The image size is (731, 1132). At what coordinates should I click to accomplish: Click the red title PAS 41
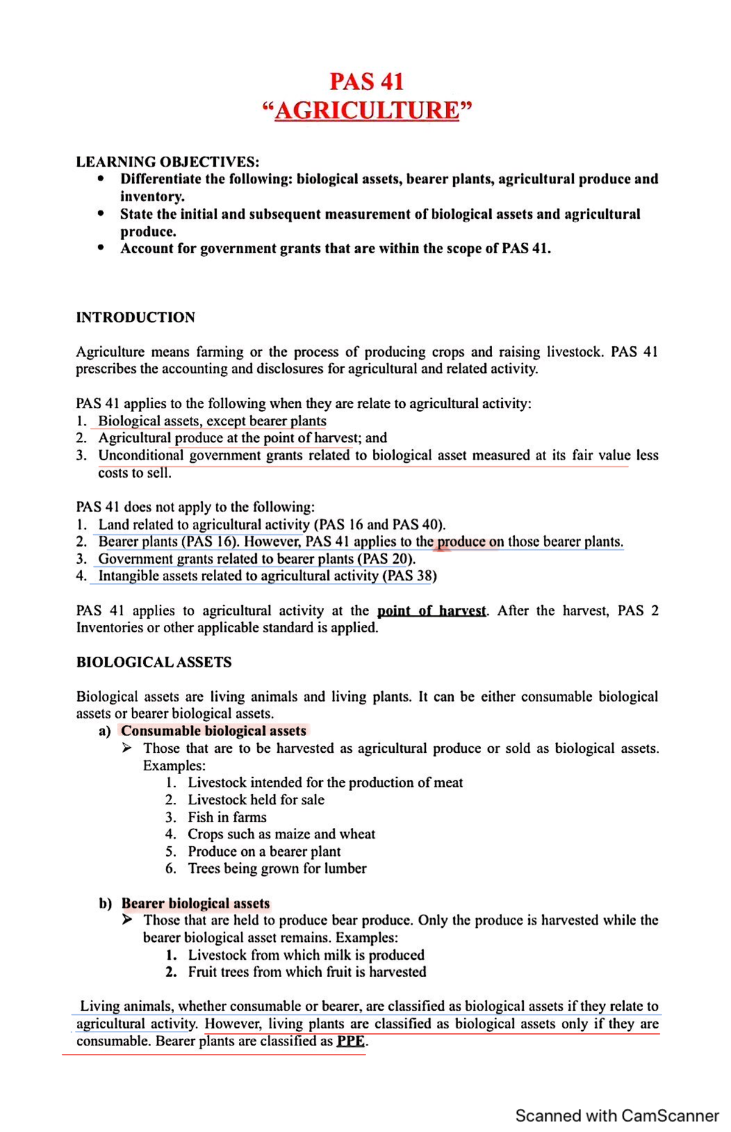coord(366,81)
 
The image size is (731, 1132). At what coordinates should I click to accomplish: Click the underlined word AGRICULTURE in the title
coord(366,111)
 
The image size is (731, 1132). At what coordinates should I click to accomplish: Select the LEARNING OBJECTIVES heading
coord(168,162)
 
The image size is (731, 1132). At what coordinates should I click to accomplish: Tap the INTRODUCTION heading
coord(135,317)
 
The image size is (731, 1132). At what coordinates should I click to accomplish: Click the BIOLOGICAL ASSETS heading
coord(154,662)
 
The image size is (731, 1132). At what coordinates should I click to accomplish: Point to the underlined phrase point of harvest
coord(431,611)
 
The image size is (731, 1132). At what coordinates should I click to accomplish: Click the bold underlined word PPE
coord(351,1041)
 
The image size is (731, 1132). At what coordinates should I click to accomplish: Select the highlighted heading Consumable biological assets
coord(213,730)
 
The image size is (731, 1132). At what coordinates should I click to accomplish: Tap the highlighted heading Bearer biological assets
coord(196,903)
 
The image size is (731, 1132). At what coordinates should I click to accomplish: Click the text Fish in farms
coord(227,817)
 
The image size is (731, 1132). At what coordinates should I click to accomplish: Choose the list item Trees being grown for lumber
coord(277,868)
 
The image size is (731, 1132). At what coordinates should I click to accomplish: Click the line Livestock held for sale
coord(256,799)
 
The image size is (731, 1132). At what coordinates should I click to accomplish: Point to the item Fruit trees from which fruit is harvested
coord(306,972)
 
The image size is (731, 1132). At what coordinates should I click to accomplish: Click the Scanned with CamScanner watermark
coord(616,1116)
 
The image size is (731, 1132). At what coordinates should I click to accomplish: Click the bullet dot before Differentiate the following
coord(101,179)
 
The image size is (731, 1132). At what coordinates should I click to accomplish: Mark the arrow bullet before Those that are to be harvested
coord(127,748)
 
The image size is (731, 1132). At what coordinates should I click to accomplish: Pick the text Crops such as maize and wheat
coord(281,834)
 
